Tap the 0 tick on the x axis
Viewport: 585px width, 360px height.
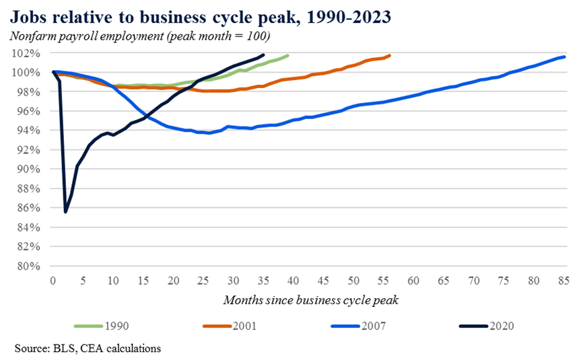[53, 279]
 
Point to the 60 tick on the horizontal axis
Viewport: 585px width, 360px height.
[414, 279]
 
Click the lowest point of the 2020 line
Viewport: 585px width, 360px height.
[65, 212]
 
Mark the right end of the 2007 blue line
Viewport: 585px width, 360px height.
[564, 57]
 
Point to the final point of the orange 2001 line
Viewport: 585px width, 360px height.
[390, 55]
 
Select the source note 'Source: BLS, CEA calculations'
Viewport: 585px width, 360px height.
[88, 348]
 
